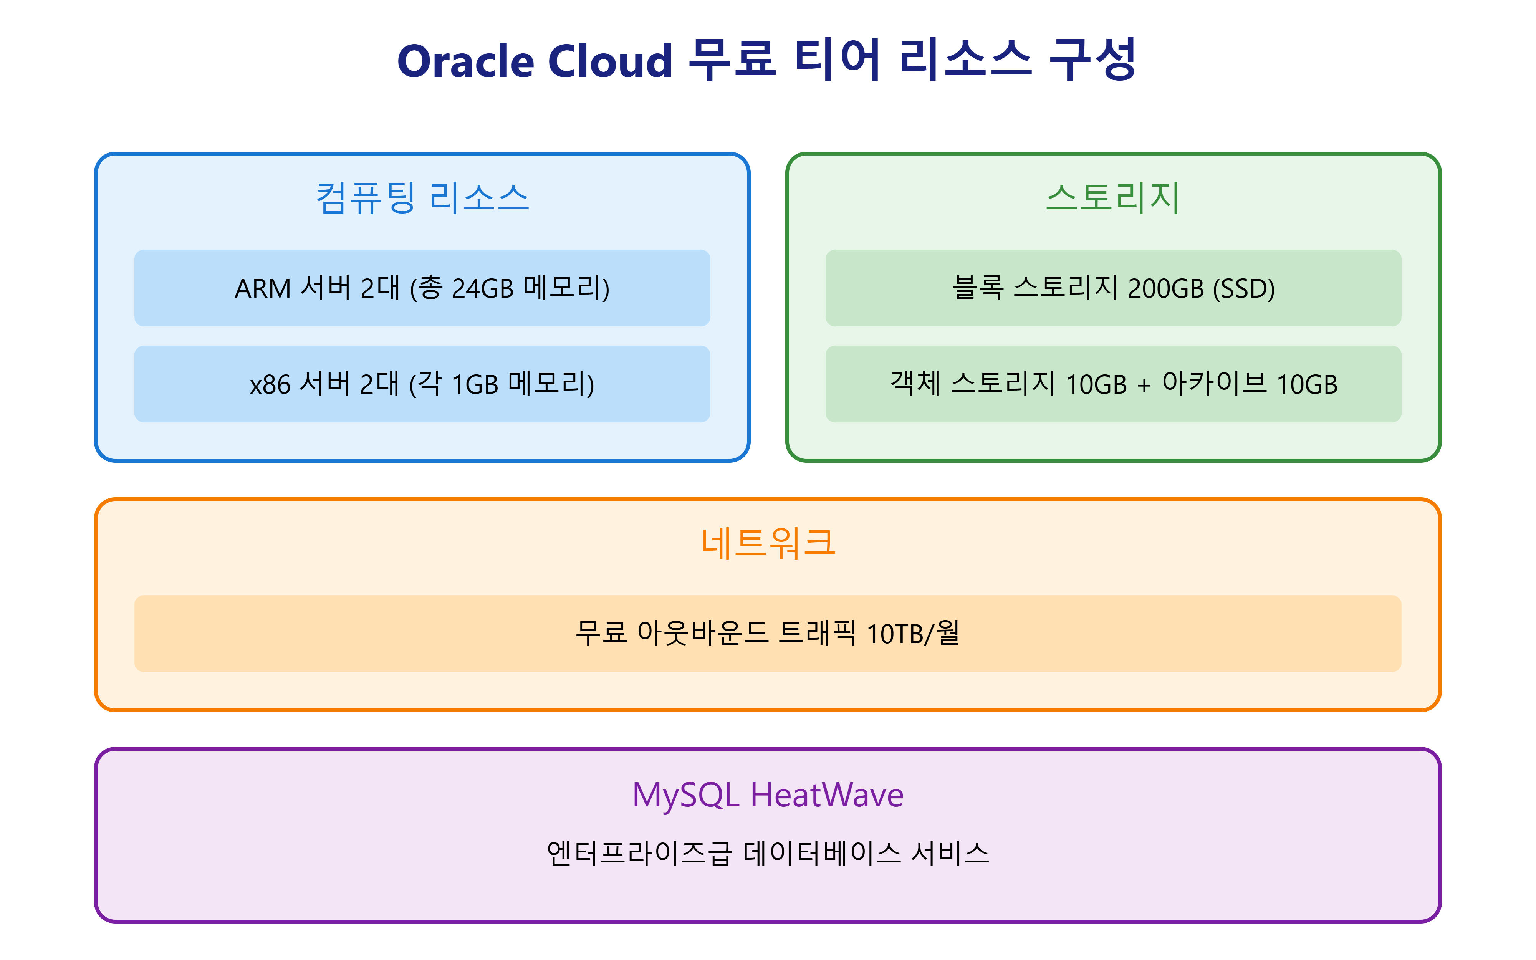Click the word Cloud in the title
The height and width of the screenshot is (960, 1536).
click(609, 61)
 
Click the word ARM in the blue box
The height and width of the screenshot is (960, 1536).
click(262, 289)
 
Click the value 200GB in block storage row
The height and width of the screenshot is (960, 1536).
click(1165, 289)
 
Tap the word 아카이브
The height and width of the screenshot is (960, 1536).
click(1214, 384)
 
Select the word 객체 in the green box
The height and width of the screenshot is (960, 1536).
click(915, 384)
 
